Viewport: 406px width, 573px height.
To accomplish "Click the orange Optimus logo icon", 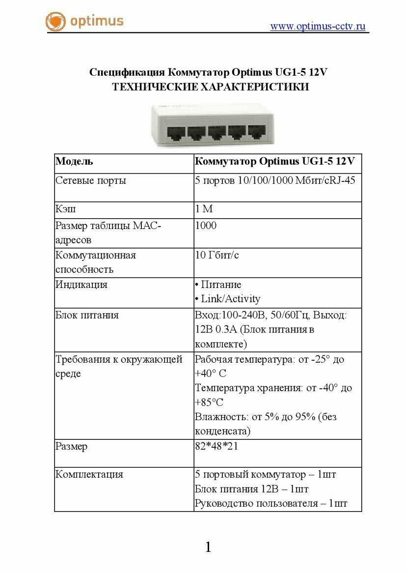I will point(55,22).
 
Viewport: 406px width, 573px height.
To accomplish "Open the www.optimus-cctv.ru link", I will point(318,27).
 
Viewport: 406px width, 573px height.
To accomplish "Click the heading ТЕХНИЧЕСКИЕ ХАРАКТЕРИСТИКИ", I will point(210,87).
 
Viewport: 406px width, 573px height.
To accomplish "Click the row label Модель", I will point(74,162).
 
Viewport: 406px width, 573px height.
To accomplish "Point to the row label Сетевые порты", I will point(91,180).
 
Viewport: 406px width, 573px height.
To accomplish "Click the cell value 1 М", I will point(204,209).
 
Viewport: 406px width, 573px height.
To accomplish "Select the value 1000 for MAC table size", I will point(206,226).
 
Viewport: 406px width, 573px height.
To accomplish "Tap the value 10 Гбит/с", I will point(217,256).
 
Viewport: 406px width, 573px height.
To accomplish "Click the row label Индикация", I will point(81,285).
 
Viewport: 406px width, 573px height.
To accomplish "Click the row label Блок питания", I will point(87,315).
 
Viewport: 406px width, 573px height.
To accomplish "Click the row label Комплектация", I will point(89,475).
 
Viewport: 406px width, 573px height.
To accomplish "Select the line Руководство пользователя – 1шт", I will point(271,504).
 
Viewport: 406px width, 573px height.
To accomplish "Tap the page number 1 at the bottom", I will point(208,547).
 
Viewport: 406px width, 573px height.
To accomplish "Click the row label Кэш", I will point(65,209).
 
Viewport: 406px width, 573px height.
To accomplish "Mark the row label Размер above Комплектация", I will point(72,447).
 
